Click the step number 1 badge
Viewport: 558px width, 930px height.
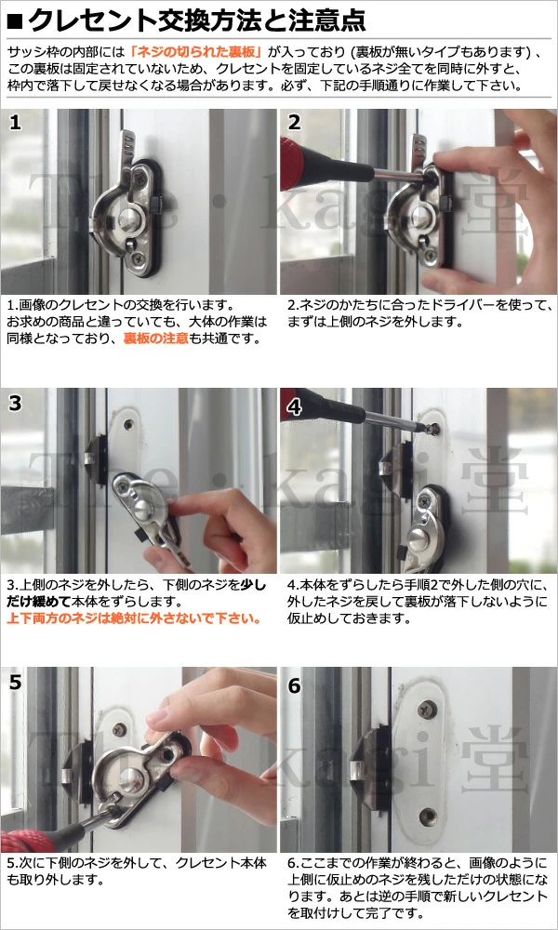coord(16,123)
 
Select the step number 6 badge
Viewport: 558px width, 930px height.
coord(295,685)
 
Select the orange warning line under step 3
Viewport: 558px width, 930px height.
coord(135,618)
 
